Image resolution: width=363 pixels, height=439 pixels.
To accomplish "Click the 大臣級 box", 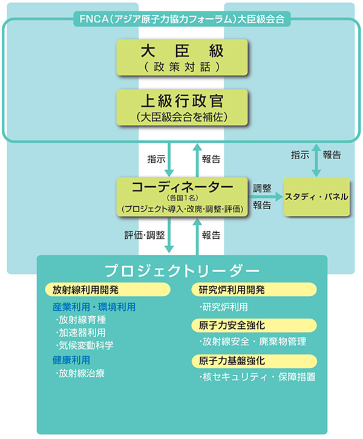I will tap(181, 56).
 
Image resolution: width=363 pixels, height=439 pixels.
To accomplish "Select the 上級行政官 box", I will tap(181, 106).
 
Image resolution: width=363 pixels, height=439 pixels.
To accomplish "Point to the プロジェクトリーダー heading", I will tap(181, 269).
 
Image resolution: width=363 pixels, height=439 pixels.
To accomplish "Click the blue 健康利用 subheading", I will tap(71, 360).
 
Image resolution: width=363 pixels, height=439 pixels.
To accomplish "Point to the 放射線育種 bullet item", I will tap(81, 320).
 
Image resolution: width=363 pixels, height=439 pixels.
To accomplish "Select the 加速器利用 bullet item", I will tap(81, 333).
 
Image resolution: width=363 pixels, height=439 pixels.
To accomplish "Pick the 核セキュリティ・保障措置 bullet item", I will tap(258, 377).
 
